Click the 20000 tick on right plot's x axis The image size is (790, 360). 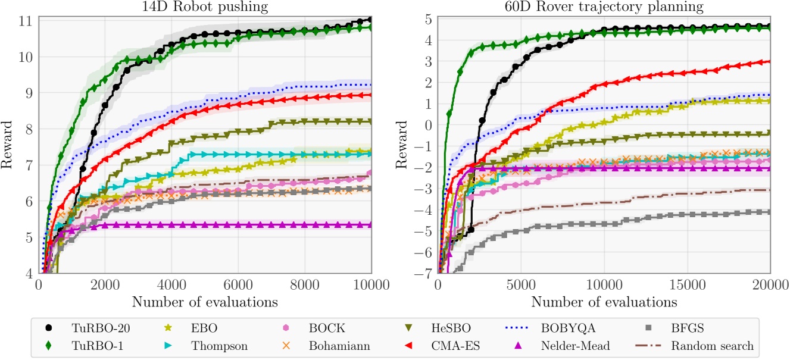(768, 286)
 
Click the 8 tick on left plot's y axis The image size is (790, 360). (29, 129)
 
